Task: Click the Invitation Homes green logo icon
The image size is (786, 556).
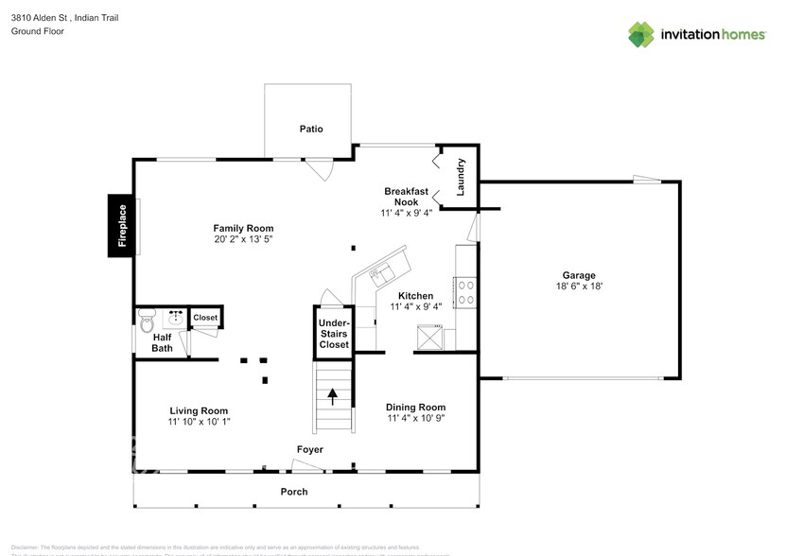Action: point(642,33)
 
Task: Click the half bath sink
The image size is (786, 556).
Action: point(174,317)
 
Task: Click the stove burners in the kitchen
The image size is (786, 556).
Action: point(465,291)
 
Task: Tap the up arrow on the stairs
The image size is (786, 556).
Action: point(332,396)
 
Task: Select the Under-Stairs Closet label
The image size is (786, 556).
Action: point(333,334)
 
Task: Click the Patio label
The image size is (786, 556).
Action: point(311,129)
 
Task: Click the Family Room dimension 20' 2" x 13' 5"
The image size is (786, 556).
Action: point(243,240)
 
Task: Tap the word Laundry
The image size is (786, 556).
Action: point(462,177)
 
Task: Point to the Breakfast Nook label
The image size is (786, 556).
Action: point(406,197)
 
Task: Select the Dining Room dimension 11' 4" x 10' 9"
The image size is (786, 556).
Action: point(415,419)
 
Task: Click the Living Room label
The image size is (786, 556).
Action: point(199,410)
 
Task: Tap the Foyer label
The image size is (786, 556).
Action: point(309,449)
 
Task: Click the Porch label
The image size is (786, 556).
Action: point(294,492)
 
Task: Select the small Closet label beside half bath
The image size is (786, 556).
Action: point(205,318)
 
